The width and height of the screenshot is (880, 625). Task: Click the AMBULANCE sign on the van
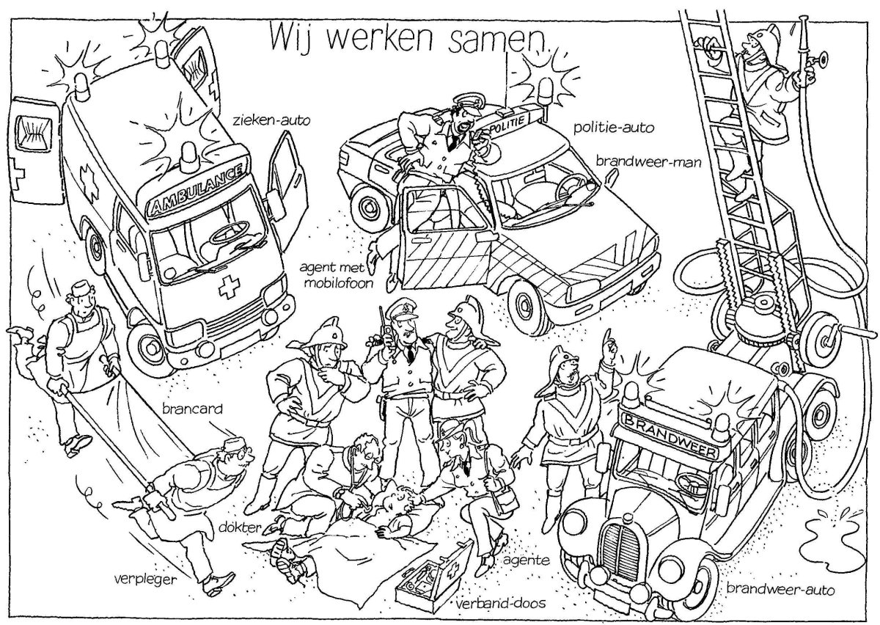point(199,189)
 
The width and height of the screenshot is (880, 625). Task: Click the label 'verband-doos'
point(496,606)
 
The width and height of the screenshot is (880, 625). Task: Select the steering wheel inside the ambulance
point(227,236)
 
